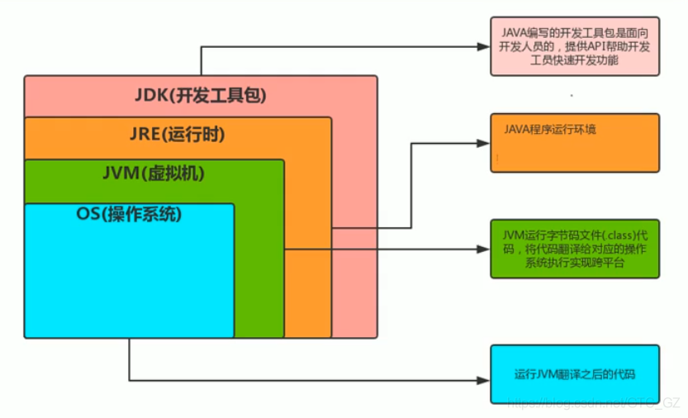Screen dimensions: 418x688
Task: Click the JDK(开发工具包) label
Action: [201, 96]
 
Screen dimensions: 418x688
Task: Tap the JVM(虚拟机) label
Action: [154, 174]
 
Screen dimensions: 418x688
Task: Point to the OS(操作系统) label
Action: [129, 214]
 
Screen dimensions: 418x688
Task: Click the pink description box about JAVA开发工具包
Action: [575, 46]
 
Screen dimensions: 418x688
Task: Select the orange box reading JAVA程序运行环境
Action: [575, 143]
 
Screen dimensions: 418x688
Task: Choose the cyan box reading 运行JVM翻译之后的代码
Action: [575, 374]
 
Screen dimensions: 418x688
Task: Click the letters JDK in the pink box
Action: [150, 96]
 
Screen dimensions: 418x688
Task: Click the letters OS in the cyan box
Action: [88, 214]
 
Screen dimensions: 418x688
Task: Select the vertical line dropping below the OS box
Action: [130, 359]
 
